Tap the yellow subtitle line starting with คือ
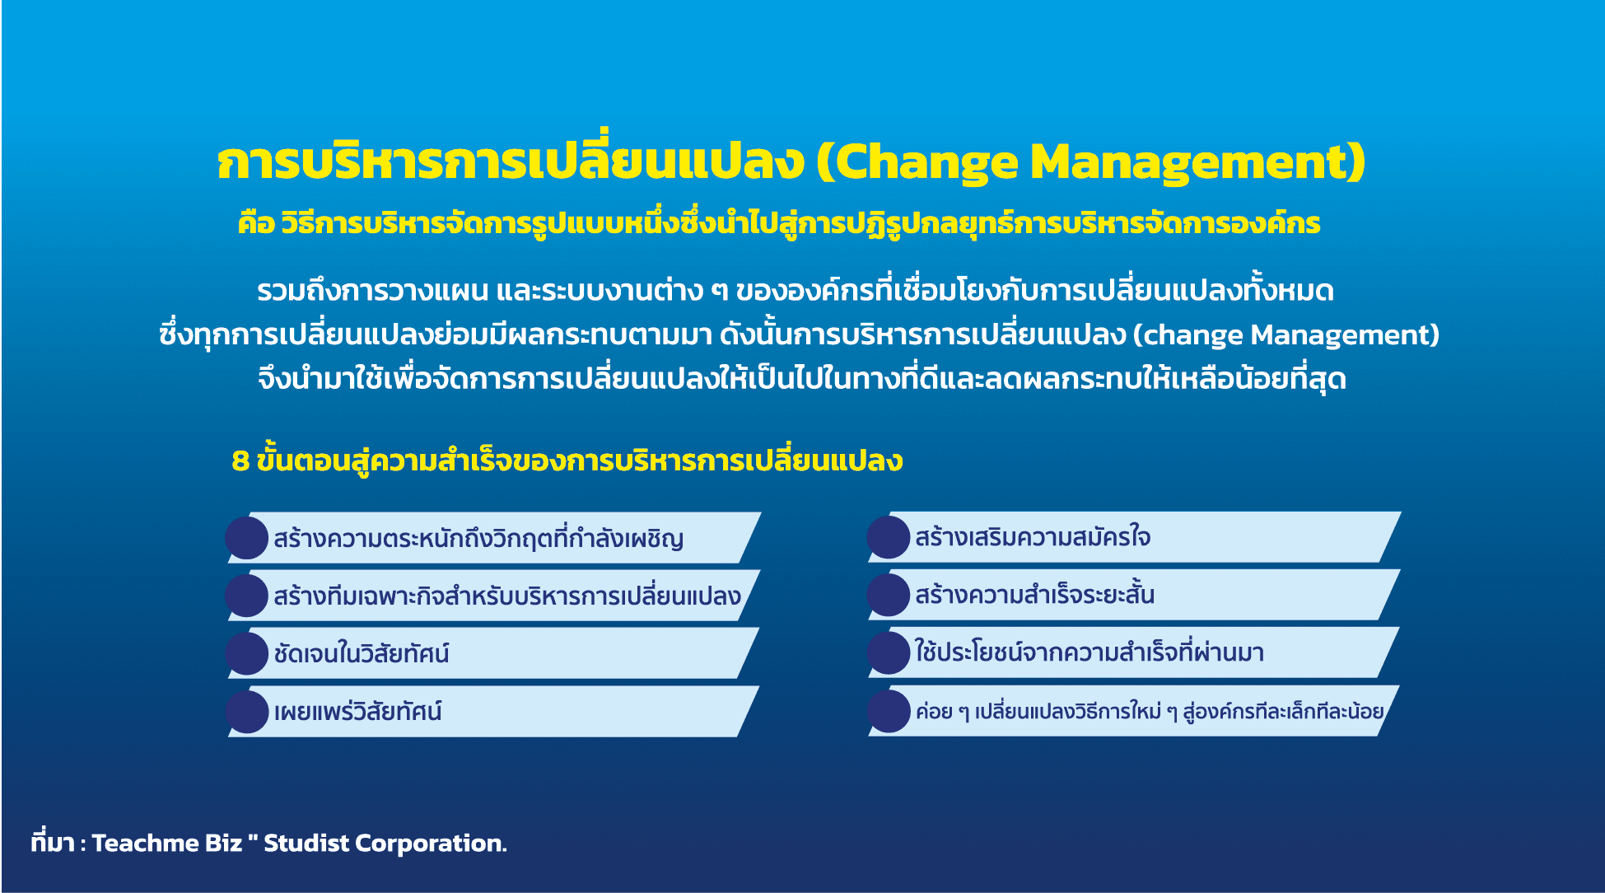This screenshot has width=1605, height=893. [x=779, y=223]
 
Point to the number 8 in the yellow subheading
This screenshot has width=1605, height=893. [x=240, y=461]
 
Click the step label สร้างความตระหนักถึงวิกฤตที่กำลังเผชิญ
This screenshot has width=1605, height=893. [x=478, y=539]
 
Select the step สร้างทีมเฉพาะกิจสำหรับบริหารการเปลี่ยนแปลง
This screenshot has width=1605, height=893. [x=507, y=596]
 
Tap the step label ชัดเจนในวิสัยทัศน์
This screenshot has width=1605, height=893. [x=362, y=653]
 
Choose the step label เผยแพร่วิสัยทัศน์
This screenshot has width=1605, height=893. [x=358, y=711]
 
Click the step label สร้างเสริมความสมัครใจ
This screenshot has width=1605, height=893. [x=1033, y=537]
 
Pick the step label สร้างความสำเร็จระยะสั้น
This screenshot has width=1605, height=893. [x=1034, y=594]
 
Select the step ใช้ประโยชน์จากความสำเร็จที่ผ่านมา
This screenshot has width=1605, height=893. [x=1089, y=652]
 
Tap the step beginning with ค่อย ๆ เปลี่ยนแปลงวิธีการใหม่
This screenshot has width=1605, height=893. [x=1150, y=711]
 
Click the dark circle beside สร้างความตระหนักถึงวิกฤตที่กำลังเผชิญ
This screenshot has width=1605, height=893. [x=247, y=538]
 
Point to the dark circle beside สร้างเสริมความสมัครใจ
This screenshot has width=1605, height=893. [x=889, y=537]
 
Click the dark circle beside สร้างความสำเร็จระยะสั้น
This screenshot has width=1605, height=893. [x=889, y=595]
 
